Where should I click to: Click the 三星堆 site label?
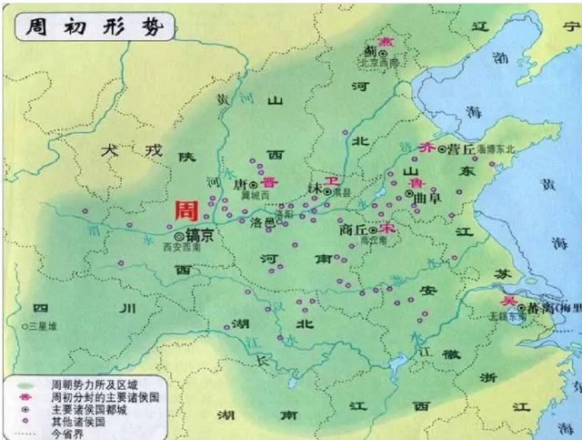pyautogui.click(x=43, y=325)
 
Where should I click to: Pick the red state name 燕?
pyautogui.click(x=386, y=41)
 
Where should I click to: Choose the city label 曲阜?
pyautogui.click(x=427, y=195)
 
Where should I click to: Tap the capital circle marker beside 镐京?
pyautogui.click(x=178, y=236)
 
